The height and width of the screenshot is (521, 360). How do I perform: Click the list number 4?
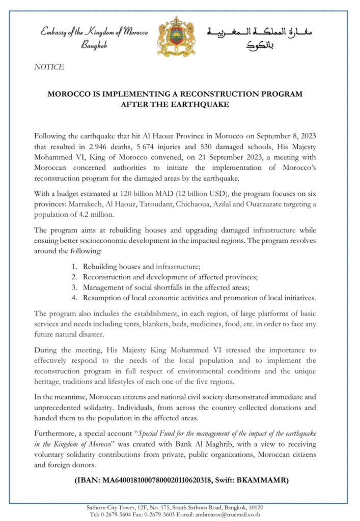[74, 297]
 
